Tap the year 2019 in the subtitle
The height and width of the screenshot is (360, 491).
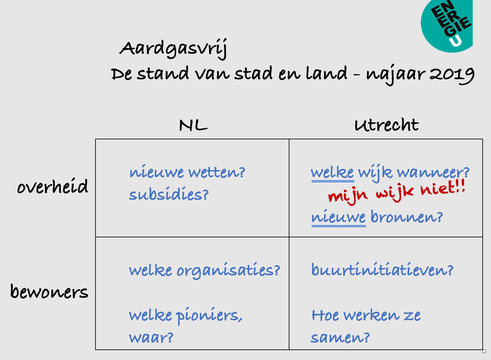[x=452, y=75]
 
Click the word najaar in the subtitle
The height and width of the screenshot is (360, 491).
[x=396, y=75]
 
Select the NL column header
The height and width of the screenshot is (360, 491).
[x=193, y=125]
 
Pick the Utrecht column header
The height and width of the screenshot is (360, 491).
[x=387, y=125]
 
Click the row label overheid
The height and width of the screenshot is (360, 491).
[x=53, y=186]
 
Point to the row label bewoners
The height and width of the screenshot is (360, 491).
[x=49, y=291]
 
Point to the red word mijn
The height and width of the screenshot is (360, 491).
[x=348, y=196]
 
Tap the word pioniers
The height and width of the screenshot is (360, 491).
[x=209, y=316]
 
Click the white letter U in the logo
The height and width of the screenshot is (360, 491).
[x=455, y=41]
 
